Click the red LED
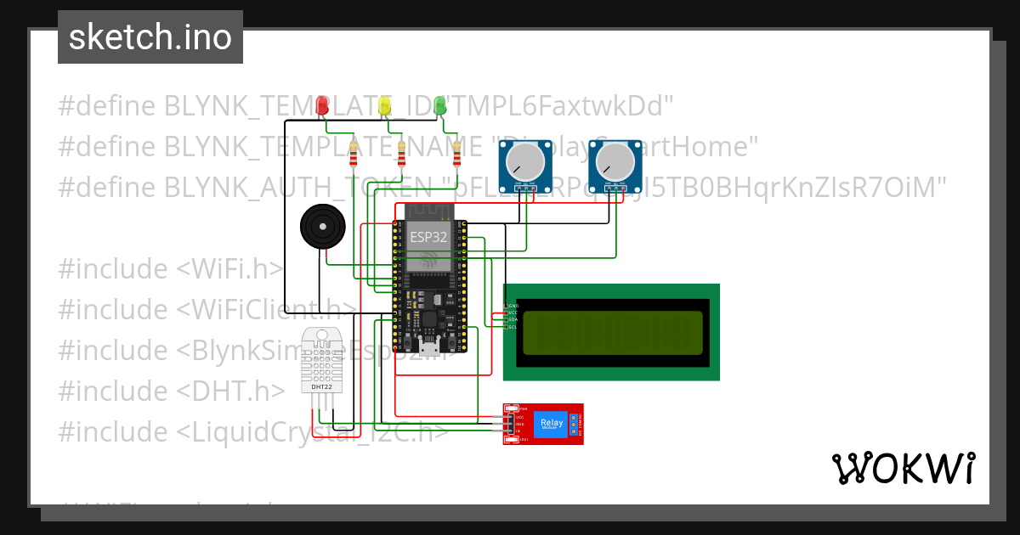[322, 104]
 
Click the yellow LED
[385, 104]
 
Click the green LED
[439, 104]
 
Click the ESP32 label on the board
[429, 237]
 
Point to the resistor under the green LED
[457, 156]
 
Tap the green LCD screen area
[613, 332]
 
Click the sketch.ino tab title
[150, 37]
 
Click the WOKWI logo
[903, 468]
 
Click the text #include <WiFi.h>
[170, 268]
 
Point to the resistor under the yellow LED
[402, 156]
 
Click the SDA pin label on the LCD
[513, 319]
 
